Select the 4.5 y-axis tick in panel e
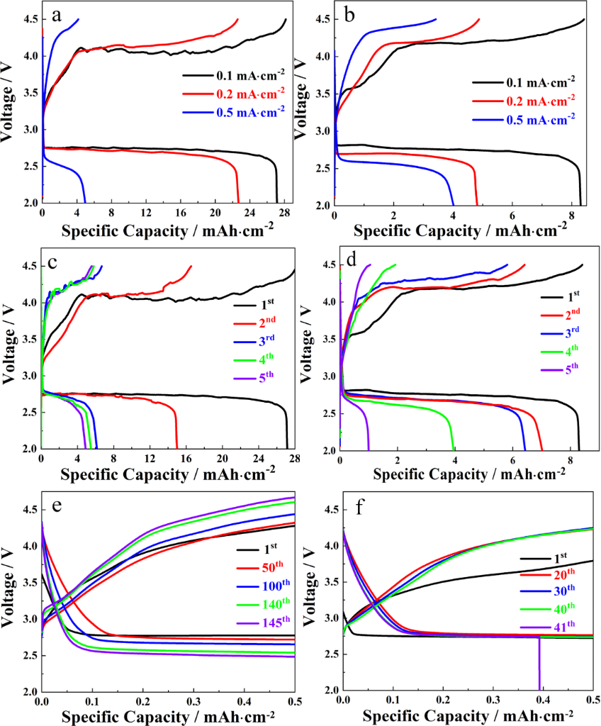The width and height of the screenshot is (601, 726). [x=26, y=510]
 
